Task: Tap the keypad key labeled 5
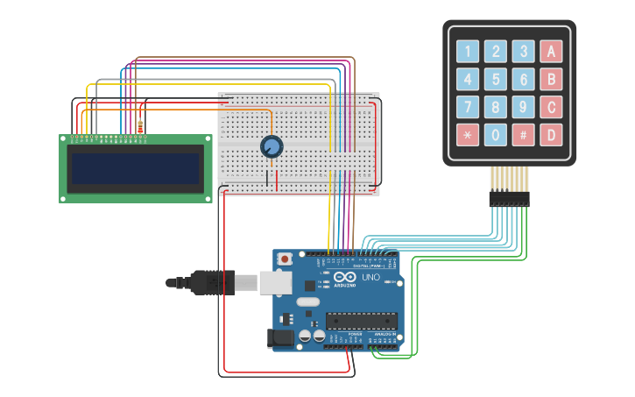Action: click(497, 80)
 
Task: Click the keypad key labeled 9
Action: click(524, 108)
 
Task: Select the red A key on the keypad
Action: click(552, 52)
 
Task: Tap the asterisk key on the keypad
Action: click(469, 136)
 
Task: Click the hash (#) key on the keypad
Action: click(524, 136)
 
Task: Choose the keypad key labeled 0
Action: click(497, 136)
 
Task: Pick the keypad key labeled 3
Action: click(524, 52)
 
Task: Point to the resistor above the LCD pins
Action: click(141, 126)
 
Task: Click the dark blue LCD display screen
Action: click(136, 168)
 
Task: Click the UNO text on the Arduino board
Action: click(371, 277)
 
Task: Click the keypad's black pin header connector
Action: click(509, 199)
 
